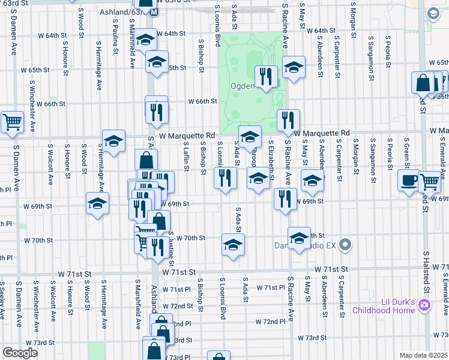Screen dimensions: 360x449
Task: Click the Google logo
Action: coord(20,352)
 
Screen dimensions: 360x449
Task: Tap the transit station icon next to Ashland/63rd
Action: coord(154,11)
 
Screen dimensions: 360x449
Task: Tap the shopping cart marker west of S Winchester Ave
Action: coord(11,122)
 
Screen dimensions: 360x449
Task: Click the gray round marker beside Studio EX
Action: coord(345,245)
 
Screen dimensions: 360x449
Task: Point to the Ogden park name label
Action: coord(244,86)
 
